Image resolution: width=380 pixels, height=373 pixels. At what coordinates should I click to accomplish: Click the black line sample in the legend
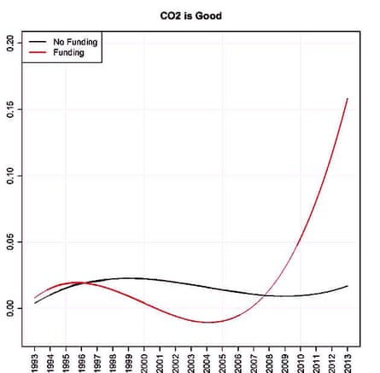(x=38, y=40)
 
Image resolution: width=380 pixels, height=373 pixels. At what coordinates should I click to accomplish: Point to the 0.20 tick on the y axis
(x=9, y=43)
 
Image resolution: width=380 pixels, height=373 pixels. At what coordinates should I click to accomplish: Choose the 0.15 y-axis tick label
(x=9, y=109)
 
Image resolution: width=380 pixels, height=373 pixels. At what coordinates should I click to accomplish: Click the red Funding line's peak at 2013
(x=348, y=99)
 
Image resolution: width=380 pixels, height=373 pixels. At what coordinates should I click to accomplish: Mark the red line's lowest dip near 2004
(x=208, y=322)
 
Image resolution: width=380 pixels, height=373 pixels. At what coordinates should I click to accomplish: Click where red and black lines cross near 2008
(x=267, y=294)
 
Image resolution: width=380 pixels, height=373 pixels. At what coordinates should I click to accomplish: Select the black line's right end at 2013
(x=348, y=286)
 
